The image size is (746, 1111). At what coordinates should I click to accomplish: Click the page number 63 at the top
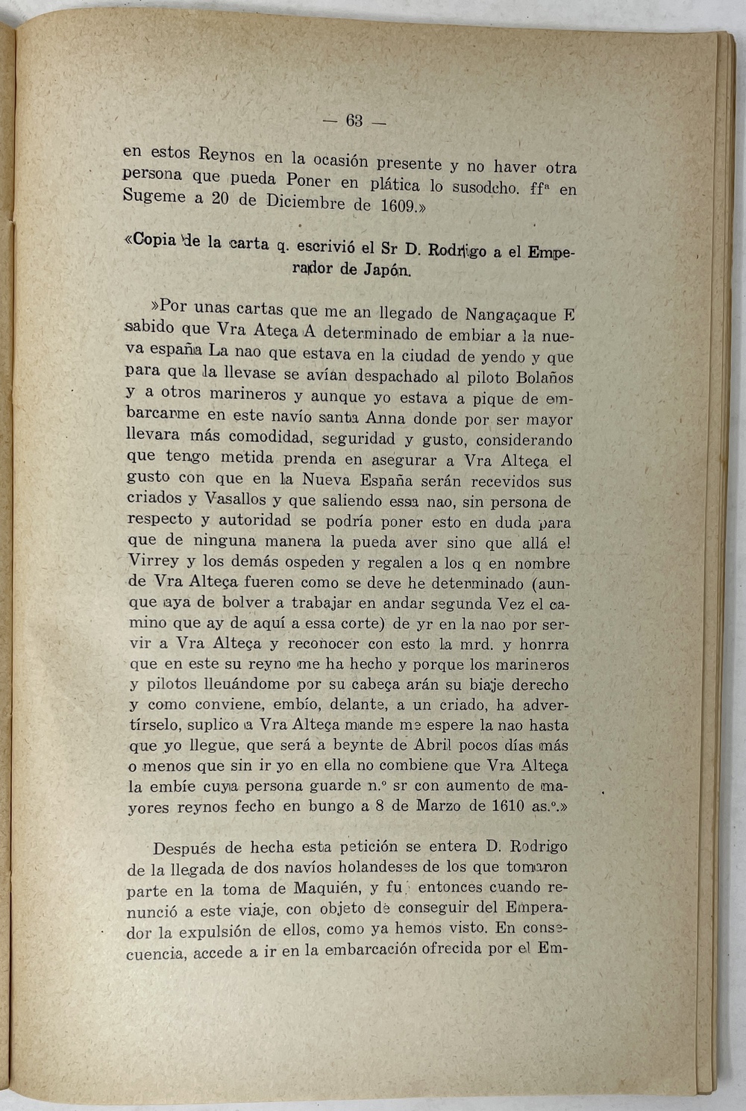pos(354,121)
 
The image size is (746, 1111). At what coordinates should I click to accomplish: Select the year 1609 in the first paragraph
pos(397,206)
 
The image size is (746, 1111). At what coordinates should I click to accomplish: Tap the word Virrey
pos(154,561)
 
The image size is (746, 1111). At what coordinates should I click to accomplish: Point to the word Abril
pos(430,745)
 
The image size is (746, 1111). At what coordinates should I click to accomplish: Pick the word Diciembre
pos(304,202)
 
